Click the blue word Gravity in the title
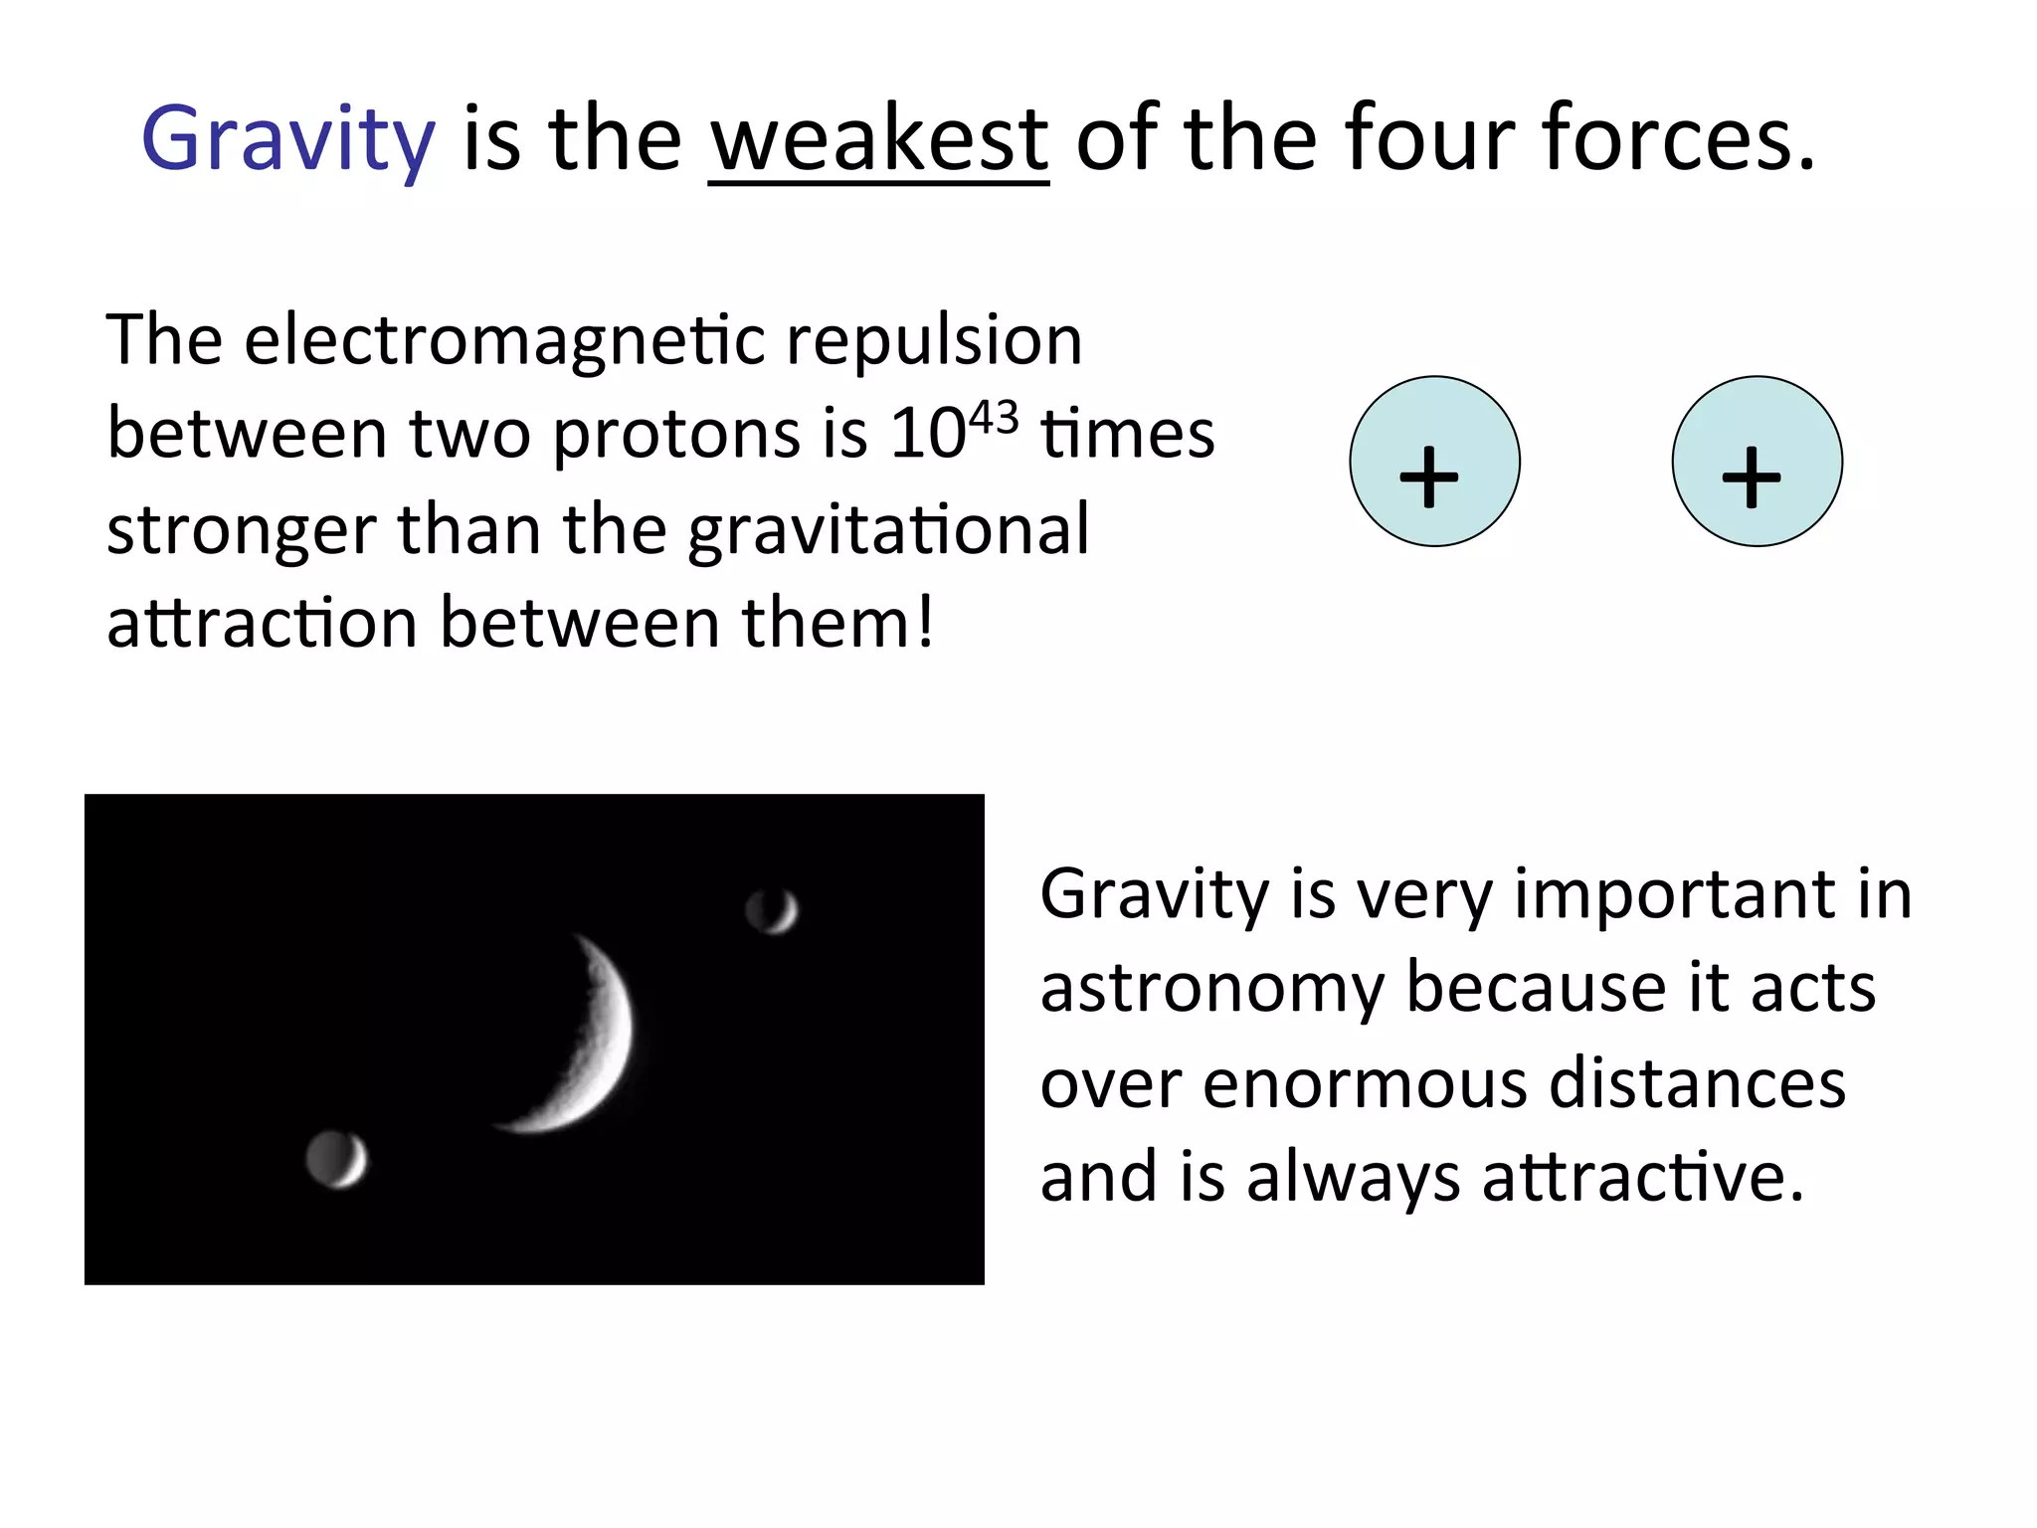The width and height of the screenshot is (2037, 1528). (288, 139)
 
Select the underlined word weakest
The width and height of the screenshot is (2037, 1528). (879, 139)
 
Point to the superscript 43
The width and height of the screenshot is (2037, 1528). (994, 417)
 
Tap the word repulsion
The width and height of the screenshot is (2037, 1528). (934, 342)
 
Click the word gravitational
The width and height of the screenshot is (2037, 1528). (888, 530)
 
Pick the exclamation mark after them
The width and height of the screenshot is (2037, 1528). (924, 623)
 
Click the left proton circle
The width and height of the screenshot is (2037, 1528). (1434, 462)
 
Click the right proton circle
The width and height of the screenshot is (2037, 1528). (1757, 462)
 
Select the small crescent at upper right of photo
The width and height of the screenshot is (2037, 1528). (773, 909)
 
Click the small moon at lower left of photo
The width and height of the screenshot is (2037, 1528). (336, 1159)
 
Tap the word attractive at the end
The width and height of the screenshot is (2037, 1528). (1641, 1178)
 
